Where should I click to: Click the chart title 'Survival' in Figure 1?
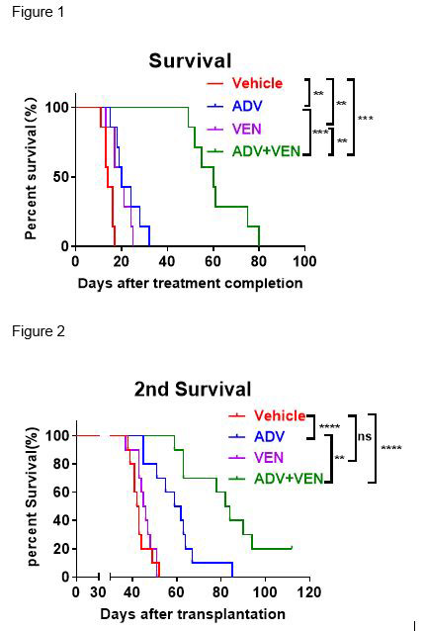[190, 61]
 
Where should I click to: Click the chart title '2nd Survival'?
[193, 389]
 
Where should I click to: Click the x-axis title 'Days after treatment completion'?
[190, 283]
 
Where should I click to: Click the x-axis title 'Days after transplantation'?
[192, 614]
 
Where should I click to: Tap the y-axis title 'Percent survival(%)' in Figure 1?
[31, 168]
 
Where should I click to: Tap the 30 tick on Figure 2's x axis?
[98, 592]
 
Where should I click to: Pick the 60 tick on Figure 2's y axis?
[61, 492]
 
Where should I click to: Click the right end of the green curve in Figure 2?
[292, 547]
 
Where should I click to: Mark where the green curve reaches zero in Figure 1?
[259, 245]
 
